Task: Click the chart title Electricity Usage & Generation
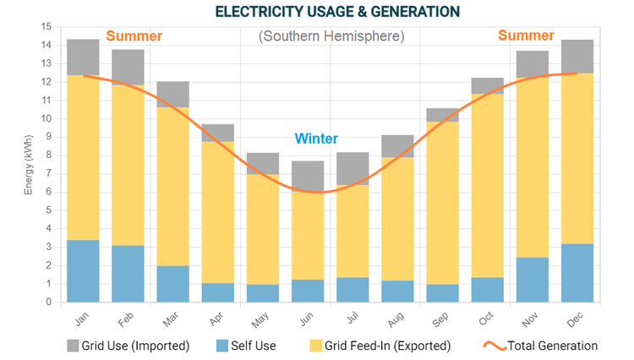pyautogui.click(x=336, y=11)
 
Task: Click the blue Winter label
pyautogui.click(x=316, y=139)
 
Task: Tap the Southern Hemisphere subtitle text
pyautogui.click(x=331, y=36)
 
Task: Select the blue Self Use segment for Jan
pyautogui.click(x=83, y=271)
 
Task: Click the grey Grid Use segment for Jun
pyautogui.click(x=308, y=176)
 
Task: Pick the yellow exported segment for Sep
pyautogui.click(x=442, y=203)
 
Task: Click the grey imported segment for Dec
pyautogui.click(x=577, y=57)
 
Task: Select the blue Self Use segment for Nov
pyautogui.click(x=533, y=280)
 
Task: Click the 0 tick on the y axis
pyautogui.click(x=49, y=302)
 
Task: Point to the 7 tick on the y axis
pyautogui.click(x=49, y=173)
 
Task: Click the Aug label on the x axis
pyautogui.click(x=396, y=317)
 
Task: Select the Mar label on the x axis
pyautogui.click(x=172, y=317)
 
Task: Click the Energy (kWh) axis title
pyautogui.click(x=28, y=165)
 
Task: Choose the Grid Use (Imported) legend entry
pyautogui.click(x=130, y=346)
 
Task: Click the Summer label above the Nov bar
pyautogui.click(x=526, y=35)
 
